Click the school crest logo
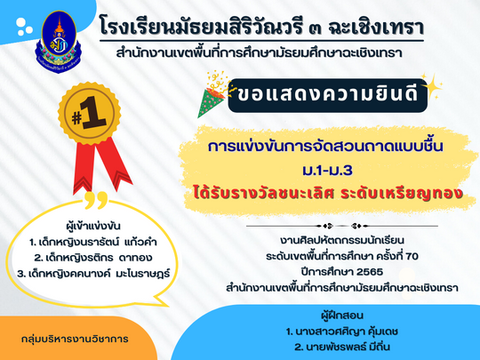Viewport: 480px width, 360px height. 59,42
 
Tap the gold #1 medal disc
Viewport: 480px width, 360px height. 90,114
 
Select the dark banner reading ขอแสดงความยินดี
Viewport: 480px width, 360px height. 327,95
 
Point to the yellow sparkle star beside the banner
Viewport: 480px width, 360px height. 431,86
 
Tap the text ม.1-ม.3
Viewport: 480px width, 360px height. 327,170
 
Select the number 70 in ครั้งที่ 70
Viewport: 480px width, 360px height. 412,256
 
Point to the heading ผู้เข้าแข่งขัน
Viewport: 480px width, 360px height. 93,226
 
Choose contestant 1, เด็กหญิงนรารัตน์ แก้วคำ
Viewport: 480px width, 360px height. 92,242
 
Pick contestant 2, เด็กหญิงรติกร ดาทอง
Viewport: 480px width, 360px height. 93,258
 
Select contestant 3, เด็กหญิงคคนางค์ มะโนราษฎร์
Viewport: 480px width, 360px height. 93,274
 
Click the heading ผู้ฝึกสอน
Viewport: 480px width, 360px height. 342,316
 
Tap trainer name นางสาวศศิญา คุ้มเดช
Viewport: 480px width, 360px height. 342,332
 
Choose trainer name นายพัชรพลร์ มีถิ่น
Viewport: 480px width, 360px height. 342,347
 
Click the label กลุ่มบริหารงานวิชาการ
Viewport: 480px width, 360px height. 75,339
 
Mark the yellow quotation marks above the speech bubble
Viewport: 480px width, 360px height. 96,200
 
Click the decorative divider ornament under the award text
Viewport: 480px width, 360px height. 342,227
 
